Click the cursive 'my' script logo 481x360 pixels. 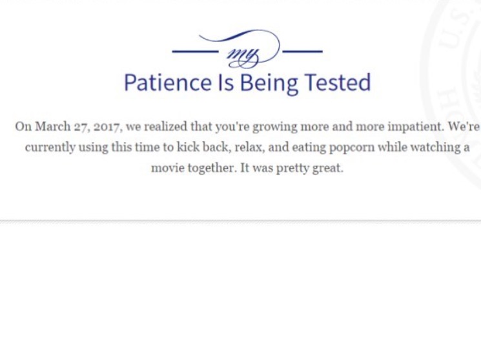click(243, 56)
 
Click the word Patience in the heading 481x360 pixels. click(168, 83)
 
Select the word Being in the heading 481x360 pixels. click(269, 84)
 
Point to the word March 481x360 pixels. click(53, 126)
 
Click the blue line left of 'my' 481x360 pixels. click(195, 51)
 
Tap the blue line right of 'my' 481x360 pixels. click(302, 51)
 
